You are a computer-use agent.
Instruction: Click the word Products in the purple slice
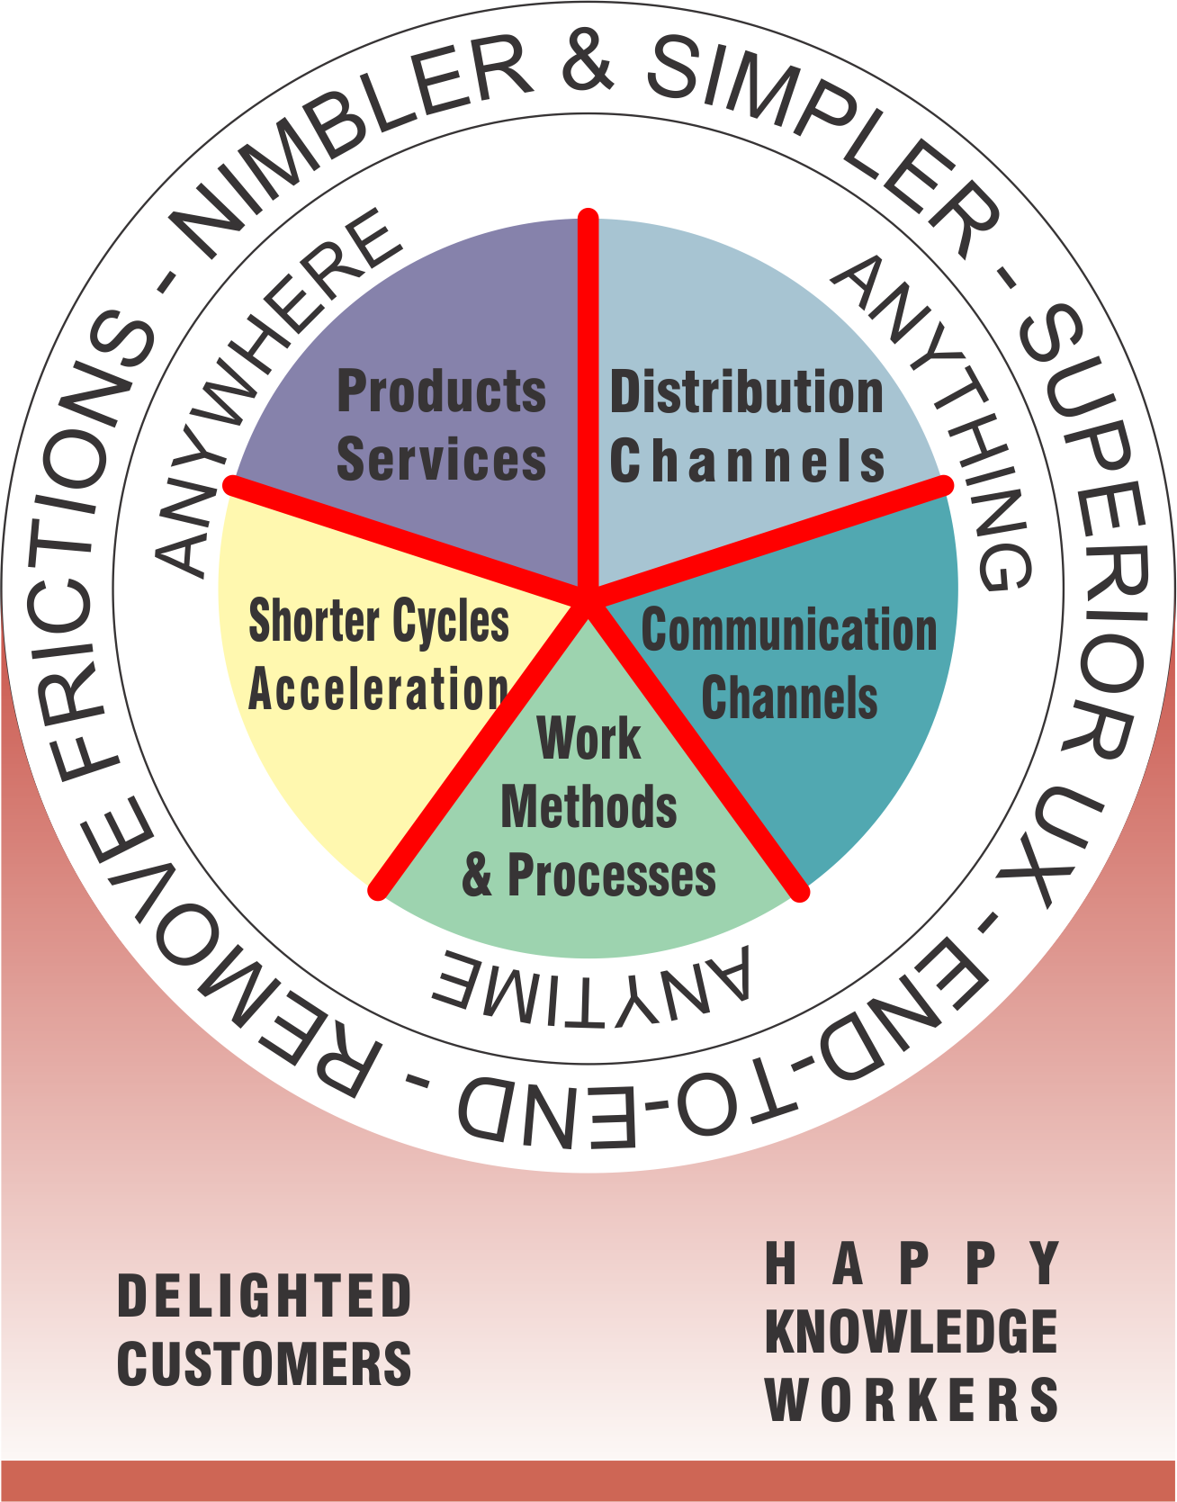coord(442,391)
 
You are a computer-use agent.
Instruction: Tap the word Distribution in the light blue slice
coord(747,392)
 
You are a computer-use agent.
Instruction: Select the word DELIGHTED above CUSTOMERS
coord(265,1296)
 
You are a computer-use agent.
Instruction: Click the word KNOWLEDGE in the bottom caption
coord(912,1332)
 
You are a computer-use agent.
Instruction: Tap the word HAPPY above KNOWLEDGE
coord(912,1264)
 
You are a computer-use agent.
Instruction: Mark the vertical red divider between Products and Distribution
coord(588,405)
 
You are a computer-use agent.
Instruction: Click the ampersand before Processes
coord(478,876)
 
